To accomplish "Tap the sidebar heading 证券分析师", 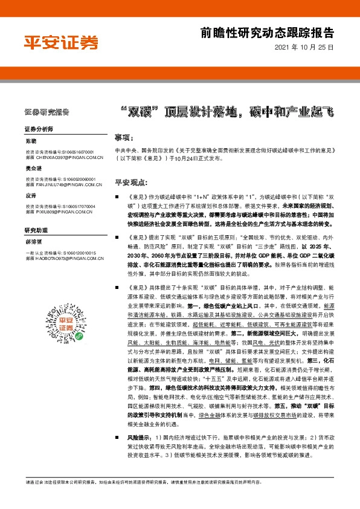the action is coord(39,129).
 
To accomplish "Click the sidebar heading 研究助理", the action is coord(35,230).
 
